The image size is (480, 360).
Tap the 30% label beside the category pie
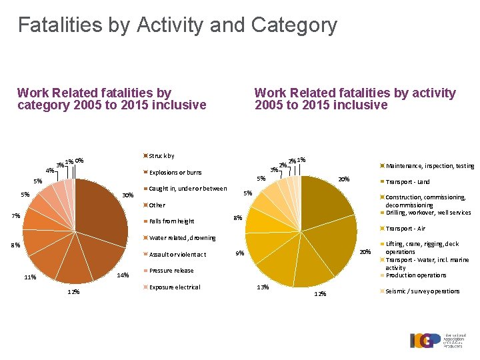click(129, 195)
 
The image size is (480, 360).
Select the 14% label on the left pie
click(123, 275)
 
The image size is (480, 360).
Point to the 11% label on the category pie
click(29, 277)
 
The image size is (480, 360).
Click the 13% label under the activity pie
click(263, 287)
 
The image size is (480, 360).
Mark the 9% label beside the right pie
click(240, 253)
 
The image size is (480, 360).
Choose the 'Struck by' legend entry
click(161, 156)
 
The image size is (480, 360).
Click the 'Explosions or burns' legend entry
click(175, 173)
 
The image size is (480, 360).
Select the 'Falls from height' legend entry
click(171, 221)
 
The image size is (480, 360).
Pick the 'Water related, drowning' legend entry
click(182, 238)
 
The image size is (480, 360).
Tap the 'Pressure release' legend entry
click(171, 271)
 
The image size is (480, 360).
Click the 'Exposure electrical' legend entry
click(174, 287)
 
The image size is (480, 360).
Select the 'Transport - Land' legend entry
click(407, 182)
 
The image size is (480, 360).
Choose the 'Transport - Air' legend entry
click(405, 229)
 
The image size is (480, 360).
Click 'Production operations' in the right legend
click(415, 275)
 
